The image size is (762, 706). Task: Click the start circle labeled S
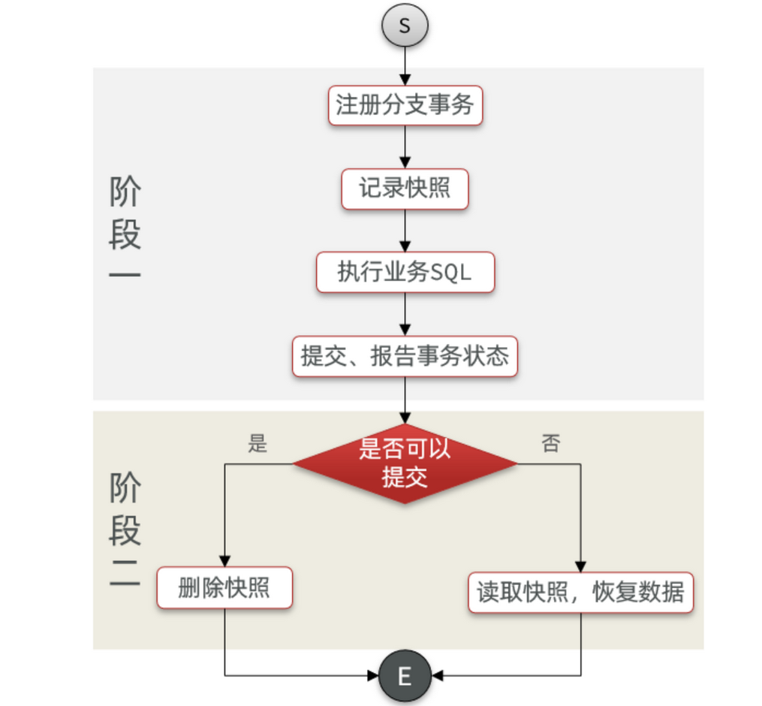405,26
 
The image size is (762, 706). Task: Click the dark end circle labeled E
405,675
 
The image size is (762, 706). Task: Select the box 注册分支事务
405,105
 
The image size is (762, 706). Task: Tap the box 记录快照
405,189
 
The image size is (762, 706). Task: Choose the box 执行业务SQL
405,272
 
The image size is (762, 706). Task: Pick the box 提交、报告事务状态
405,356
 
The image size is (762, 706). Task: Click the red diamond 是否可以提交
405,463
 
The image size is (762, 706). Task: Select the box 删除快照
224,588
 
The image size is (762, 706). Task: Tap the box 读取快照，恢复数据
580,593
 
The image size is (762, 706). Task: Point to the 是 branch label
258,444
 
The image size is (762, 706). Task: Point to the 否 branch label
550,443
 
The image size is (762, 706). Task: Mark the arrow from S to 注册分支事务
405,66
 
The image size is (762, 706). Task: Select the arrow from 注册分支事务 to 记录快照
405,147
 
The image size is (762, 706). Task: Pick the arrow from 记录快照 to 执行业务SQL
405,231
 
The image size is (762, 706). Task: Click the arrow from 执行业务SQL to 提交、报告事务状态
405,314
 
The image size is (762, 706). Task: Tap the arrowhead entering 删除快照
224,563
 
